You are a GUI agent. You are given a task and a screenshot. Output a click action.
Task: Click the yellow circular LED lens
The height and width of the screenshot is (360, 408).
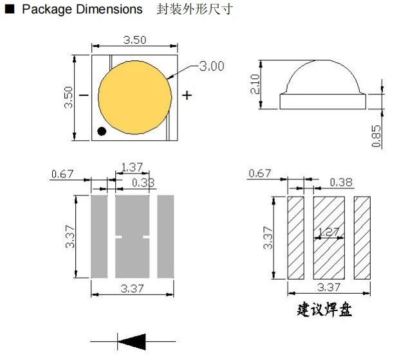click(x=134, y=98)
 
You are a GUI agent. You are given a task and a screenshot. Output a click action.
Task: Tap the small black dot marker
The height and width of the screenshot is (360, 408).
click(x=102, y=131)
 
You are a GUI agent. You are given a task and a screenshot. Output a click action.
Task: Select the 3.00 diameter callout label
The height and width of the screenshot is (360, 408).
click(x=212, y=66)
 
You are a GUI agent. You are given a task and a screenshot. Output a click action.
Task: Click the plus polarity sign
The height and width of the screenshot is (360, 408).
click(x=187, y=95)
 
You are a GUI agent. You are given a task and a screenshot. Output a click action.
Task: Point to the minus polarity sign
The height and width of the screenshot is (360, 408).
click(x=84, y=95)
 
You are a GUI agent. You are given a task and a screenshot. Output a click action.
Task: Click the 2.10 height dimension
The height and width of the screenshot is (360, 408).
click(x=255, y=84)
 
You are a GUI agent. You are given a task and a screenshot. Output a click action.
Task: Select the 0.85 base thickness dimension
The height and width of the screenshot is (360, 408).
click(x=376, y=136)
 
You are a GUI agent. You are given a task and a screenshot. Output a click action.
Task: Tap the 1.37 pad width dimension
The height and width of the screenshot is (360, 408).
click(x=132, y=167)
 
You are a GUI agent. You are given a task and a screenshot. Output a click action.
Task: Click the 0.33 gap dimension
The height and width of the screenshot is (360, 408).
click(x=143, y=183)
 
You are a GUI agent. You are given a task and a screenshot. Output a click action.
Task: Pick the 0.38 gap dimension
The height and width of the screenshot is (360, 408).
click(x=341, y=182)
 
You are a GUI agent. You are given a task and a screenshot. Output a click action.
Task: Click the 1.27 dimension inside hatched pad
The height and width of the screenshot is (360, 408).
click(x=329, y=231)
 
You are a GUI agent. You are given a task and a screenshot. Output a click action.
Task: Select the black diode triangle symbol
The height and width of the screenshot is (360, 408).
click(x=132, y=341)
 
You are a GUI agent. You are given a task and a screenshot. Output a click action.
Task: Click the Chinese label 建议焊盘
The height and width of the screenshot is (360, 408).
click(x=324, y=309)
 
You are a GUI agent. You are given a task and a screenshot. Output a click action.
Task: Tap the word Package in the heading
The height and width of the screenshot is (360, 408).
click(x=47, y=10)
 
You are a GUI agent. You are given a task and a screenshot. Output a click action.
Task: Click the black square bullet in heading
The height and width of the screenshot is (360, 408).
click(x=10, y=9)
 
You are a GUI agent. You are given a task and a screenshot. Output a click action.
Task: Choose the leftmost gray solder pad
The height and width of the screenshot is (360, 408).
click(x=99, y=237)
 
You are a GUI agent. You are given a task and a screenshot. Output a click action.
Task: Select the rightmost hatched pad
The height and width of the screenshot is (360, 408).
click(x=362, y=238)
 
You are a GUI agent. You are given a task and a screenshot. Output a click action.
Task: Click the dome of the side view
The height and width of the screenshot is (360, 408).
click(x=322, y=77)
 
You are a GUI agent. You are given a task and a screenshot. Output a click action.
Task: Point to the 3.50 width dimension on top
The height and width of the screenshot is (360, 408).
click(x=134, y=40)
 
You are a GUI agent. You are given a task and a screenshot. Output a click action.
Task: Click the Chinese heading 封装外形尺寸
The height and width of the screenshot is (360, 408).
click(x=194, y=10)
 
